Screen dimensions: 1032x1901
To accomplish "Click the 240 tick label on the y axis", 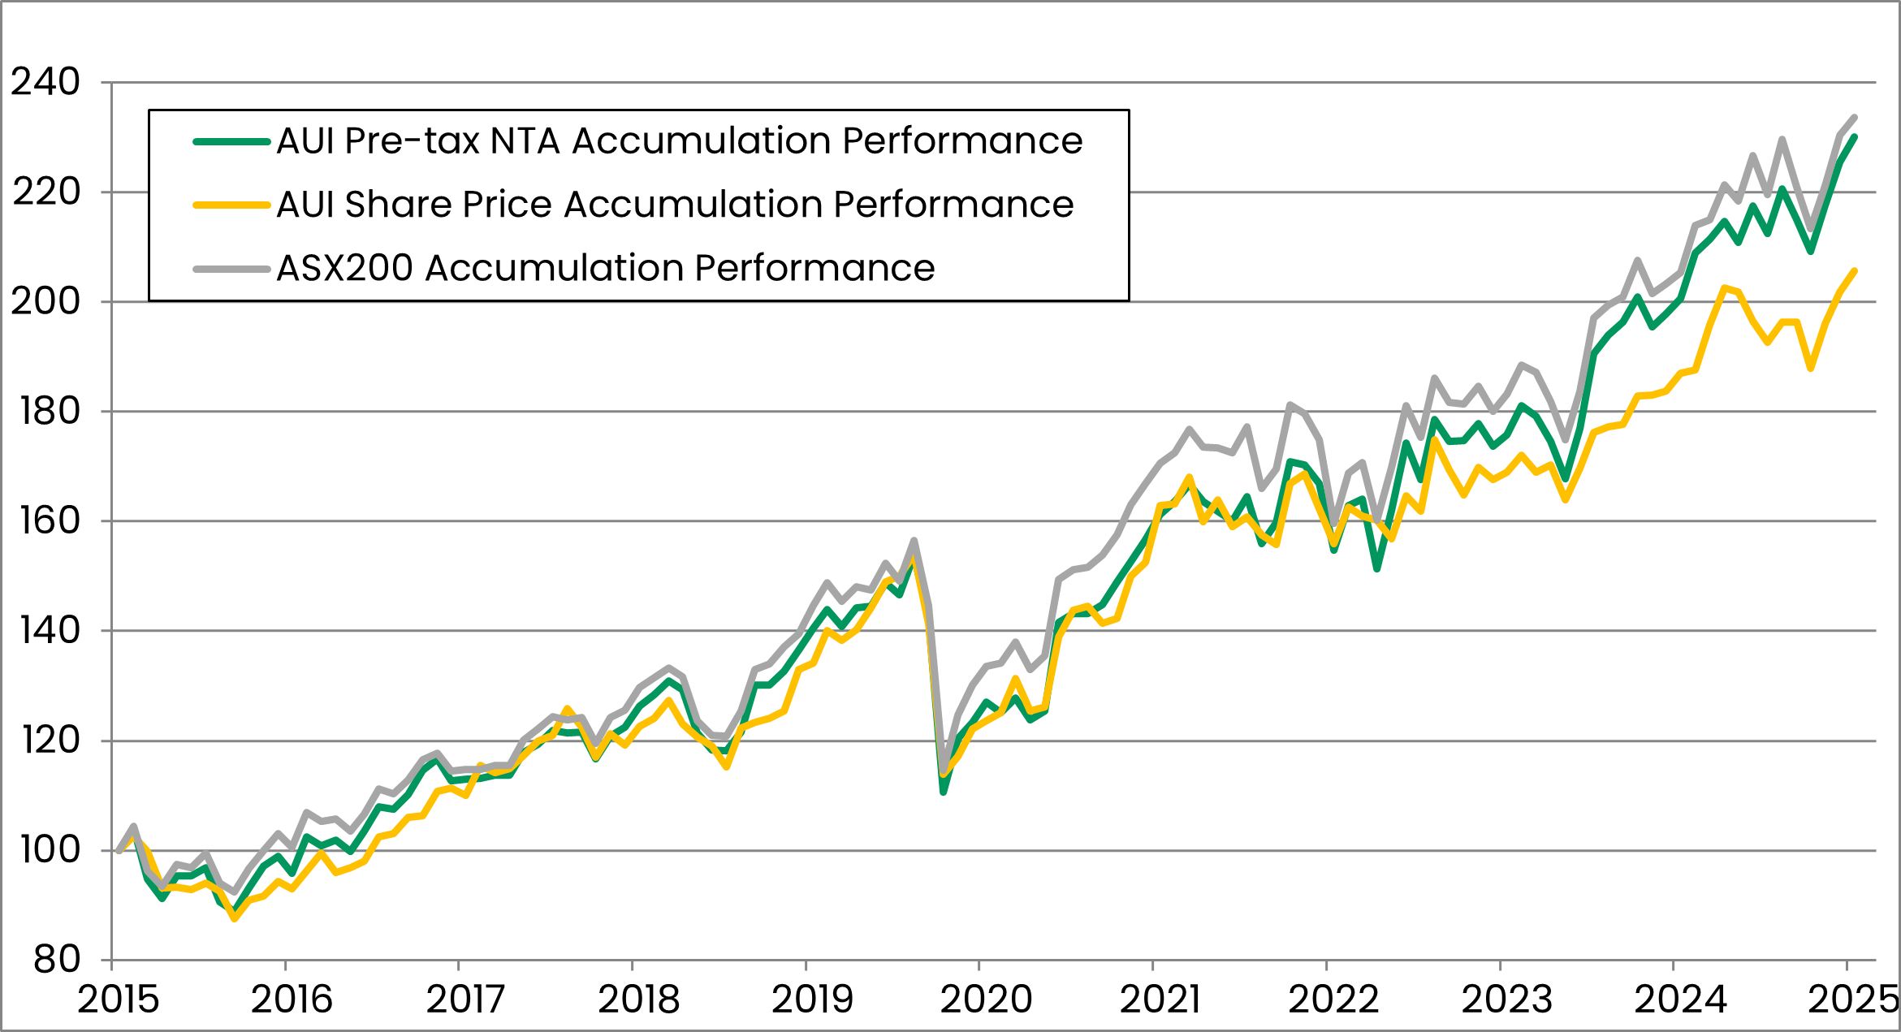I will tap(45, 82).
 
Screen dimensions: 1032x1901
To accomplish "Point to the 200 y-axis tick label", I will tap(45, 301).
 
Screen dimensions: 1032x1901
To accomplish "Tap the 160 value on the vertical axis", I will tap(50, 520).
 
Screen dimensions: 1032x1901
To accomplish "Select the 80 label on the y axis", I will tap(56, 960).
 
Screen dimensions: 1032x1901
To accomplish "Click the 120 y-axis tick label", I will tap(50, 741).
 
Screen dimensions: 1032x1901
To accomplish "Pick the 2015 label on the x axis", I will tap(119, 1000).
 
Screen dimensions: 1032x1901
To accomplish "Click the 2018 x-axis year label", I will tap(639, 1000).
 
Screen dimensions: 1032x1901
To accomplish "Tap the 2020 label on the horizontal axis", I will tap(986, 1000).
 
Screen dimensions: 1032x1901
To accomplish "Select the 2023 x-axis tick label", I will tap(1507, 1000).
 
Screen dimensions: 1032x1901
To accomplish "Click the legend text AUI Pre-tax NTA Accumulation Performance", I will tap(680, 141).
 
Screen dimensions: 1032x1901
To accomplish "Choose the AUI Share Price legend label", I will tap(675, 205).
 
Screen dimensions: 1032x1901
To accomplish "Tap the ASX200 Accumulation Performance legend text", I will tap(606, 268).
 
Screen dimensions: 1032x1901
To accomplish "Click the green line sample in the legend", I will tap(231, 141).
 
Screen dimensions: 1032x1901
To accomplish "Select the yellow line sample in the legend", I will tap(231, 205).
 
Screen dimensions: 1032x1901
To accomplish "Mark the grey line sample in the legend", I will tap(231, 268).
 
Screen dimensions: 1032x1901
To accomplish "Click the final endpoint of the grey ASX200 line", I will tap(1855, 117).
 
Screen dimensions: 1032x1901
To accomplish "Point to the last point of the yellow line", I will tap(1855, 270).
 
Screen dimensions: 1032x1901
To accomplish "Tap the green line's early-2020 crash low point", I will tap(944, 792).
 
